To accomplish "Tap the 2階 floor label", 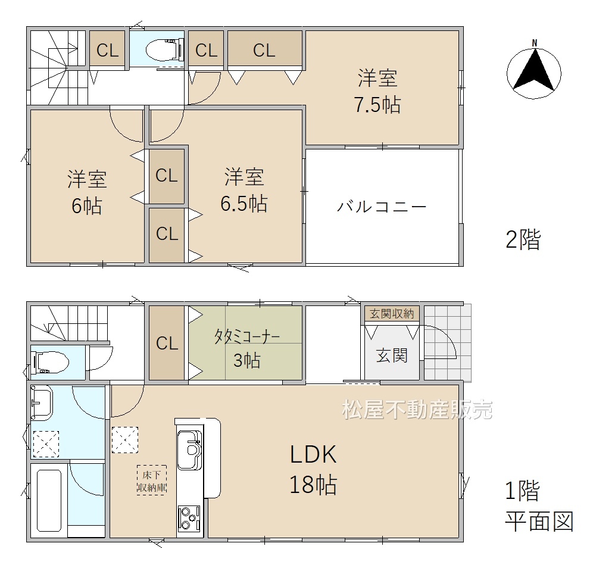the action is (523, 239).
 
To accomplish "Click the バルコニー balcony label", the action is (382, 207).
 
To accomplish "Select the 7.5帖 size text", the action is (377, 105).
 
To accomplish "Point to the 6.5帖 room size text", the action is (244, 204).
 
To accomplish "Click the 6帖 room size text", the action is (87, 206).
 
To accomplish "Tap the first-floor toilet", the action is (50, 362).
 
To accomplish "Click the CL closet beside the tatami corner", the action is (167, 342).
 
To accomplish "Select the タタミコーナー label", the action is (247, 336).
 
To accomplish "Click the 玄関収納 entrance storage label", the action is (392, 314).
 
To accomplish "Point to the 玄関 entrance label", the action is (392, 356).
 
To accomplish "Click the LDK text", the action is (313, 454).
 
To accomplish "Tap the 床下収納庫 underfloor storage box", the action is (152, 480).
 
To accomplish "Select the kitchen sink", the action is (189, 450).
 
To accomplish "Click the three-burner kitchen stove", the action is (189, 518).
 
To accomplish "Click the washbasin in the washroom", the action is (42, 402).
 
